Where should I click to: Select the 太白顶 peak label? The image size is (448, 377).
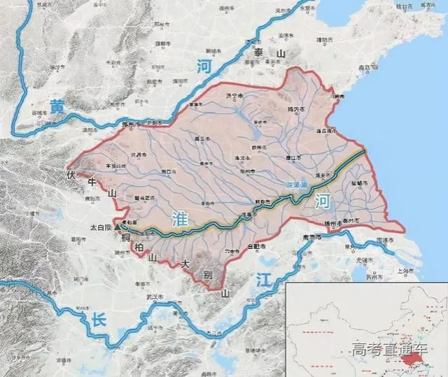point(103,227)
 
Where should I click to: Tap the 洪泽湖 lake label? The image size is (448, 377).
point(297,183)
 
